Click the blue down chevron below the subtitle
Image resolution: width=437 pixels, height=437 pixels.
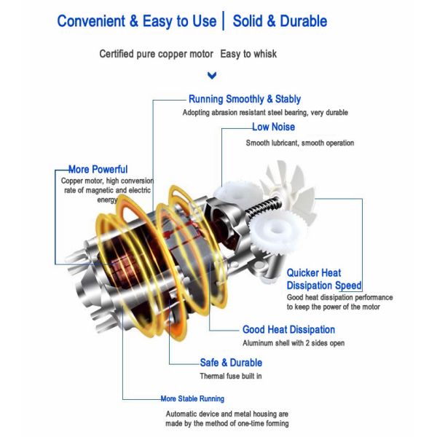click(x=212, y=75)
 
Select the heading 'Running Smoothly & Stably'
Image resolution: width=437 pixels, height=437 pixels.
click(x=245, y=99)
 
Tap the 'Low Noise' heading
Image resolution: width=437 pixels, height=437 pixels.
click(x=273, y=127)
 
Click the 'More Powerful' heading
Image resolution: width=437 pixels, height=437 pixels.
click(x=98, y=169)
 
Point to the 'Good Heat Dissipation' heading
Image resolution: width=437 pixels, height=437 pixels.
click(x=288, y=329)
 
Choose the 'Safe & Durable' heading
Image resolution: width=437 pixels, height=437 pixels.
click(x=231, y=363)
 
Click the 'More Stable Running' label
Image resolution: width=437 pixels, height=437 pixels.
click(x=192, y=399)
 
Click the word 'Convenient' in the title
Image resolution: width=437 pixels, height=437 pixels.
click(x=92, y=21)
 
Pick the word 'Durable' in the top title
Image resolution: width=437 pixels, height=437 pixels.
click(x=304, y=21)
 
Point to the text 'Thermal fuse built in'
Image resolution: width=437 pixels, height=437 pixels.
click(x=231, y=377)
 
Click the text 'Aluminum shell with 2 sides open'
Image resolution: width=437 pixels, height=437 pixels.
click(x=294, y=343)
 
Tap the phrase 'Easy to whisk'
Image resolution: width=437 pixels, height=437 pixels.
click(x=248, y=54)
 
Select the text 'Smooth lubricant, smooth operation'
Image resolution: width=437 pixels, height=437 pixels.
click(x=300, y=143)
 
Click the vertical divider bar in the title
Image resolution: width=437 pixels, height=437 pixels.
click(x=224, y=20)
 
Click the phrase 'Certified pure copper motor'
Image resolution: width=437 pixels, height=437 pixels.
click(x=156, y=54)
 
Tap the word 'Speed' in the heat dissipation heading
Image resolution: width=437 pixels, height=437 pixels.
click(x=348, y=286)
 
